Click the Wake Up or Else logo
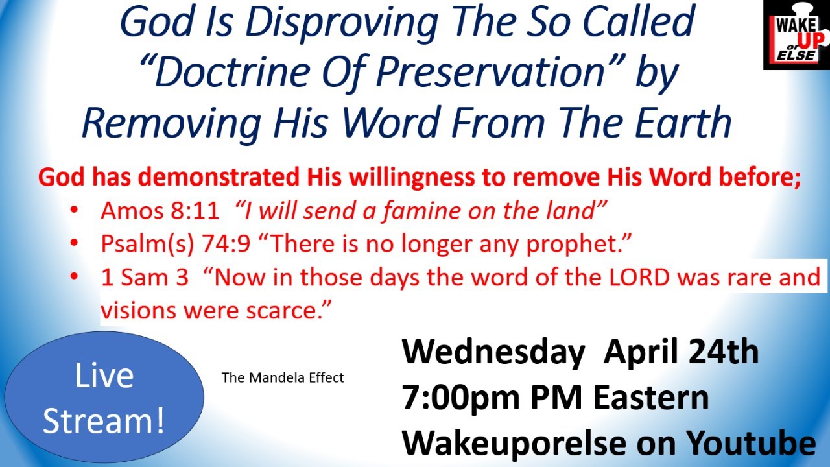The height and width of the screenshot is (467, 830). click(797, 34)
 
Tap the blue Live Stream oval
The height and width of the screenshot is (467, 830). click(104, 398)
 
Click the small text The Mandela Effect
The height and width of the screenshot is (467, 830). click(283, 377)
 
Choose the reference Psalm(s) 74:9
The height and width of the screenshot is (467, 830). click(174, 244)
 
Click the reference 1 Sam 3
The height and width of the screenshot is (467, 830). click(145, 278)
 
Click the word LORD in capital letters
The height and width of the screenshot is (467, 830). click(641, 278)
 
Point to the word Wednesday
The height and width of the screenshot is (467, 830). click(493, 352)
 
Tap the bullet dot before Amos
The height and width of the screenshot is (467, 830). click(75, 210)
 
